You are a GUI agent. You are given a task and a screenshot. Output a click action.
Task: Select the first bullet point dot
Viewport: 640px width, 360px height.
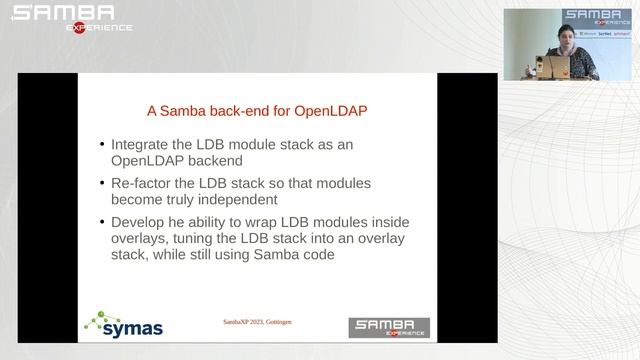coord(101,145)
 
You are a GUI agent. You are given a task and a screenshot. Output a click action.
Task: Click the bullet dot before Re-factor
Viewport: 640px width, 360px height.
coord(101,184)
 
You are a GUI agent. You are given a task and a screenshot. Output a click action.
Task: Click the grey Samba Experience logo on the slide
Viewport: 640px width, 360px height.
coord(389,327)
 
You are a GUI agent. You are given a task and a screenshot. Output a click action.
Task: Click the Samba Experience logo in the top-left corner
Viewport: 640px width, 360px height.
coord(70,17)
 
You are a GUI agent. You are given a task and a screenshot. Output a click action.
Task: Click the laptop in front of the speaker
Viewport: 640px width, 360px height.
coord(554,67)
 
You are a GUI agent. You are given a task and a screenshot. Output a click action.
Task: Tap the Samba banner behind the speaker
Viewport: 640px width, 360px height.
coord(596,18)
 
